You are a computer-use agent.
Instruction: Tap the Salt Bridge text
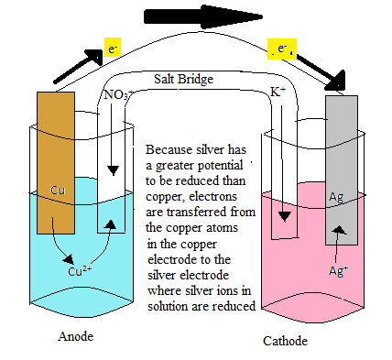(185, 80)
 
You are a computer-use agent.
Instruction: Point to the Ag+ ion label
(340, 271)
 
